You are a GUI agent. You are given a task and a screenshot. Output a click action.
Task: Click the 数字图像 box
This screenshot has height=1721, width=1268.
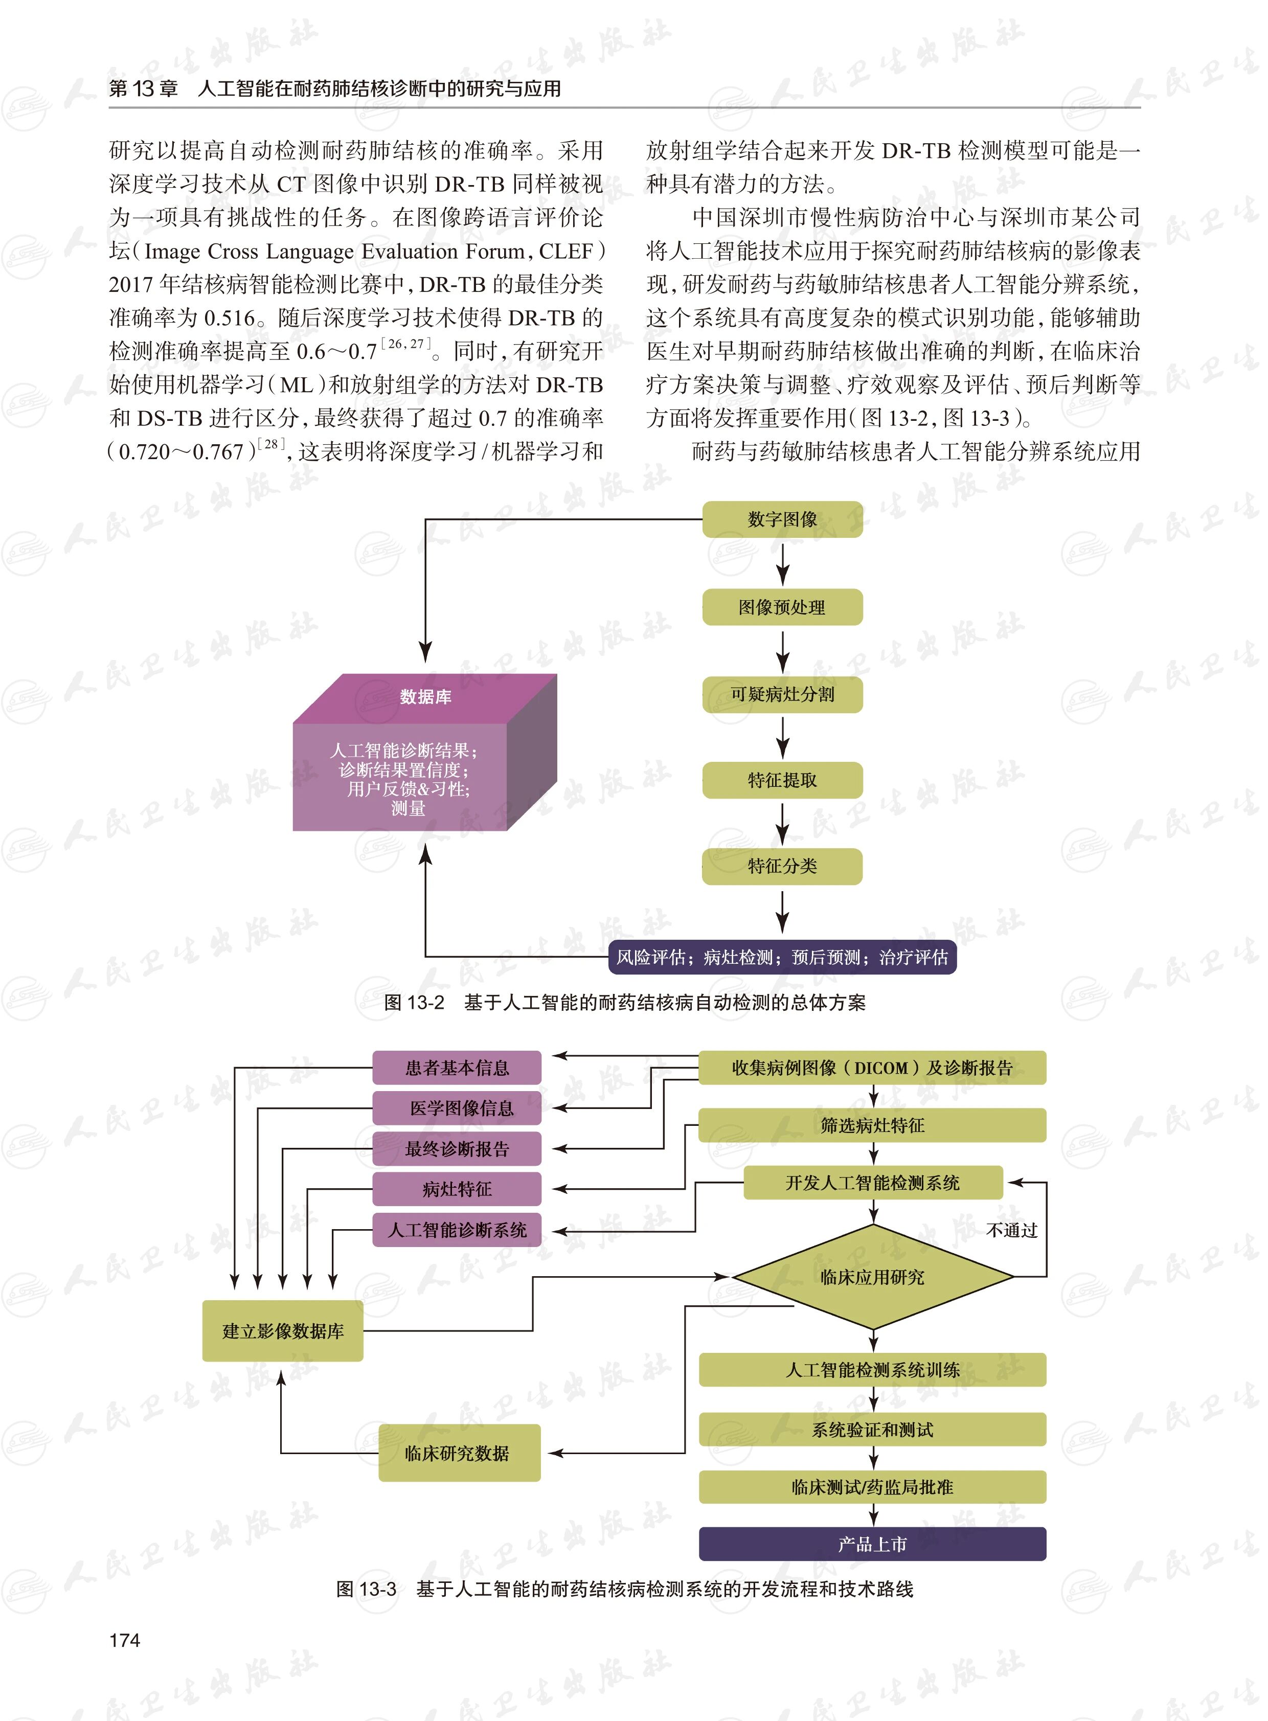[x=782, y=519]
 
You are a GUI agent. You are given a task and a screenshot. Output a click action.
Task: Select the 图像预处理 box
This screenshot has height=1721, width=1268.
[x=782, y=607]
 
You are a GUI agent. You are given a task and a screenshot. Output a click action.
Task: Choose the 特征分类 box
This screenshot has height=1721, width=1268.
[x=782, y=867]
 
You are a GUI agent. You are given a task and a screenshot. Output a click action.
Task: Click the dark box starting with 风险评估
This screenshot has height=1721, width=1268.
[x=782, y=957]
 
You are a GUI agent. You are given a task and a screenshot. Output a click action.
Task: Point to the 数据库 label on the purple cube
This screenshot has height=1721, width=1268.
[x=425, y=697]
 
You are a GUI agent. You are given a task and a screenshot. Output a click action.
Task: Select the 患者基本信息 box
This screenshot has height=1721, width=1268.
[x=457, y=1068]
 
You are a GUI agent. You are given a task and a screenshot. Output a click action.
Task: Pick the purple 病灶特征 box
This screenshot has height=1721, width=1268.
[x=457, y=1190]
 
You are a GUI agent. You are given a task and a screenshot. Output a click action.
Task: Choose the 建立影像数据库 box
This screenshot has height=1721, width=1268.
[x=282, y=1331]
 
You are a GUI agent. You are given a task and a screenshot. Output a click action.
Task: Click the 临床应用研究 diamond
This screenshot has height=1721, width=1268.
[x=873, y=1277]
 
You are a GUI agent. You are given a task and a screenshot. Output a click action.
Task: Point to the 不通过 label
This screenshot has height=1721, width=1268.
[x=1012, y=1231]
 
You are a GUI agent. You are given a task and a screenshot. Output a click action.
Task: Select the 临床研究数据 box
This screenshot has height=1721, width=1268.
[x=459, y=1453]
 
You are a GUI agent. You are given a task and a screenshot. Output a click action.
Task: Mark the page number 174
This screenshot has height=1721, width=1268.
[x=125, y=1640]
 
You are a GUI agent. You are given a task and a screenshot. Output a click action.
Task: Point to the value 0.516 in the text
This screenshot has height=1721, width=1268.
[x=229, y=319]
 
